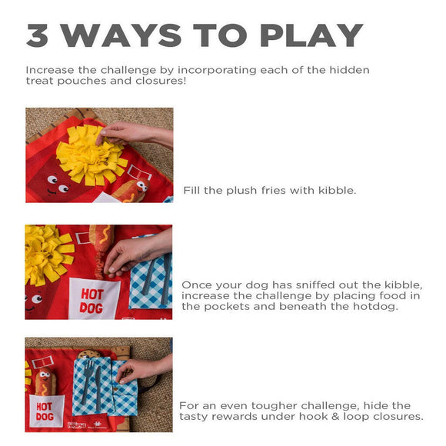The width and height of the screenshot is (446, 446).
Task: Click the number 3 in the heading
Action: (x=39, y=35)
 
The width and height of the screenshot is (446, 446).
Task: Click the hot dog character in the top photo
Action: (x=135, y=188)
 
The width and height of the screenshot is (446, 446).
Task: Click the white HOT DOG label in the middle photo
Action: (x=94, y=298)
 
